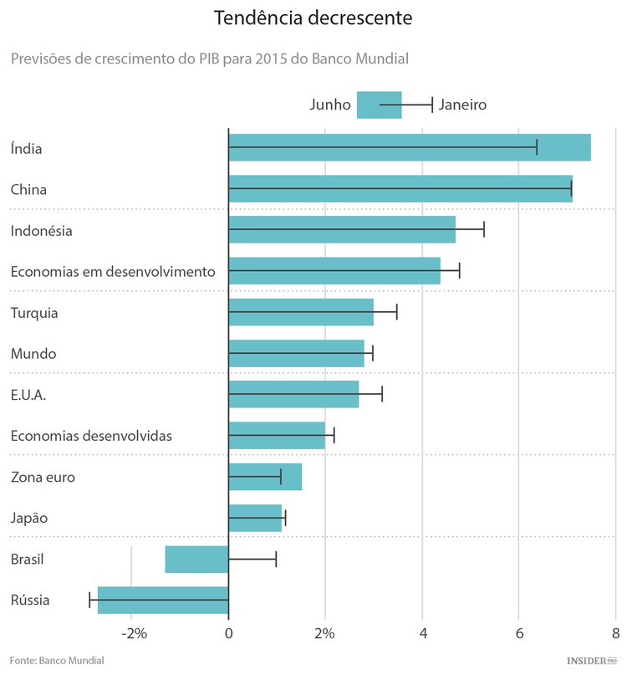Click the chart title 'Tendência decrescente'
pyautogui.click(x=313, y=18)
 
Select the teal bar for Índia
pyautogui.click(x=410, y=148)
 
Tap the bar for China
pyautogui.click(x=400, y=189)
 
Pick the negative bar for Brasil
pyautogui.click(x=196, y=560)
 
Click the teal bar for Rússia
pyautogui.click(x=163, y=601)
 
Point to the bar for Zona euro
pyautogui.click(x=265, y=477)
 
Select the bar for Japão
pyautogui.click(x=255, y=518)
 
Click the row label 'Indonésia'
pyautogui.click(x=41, y=231)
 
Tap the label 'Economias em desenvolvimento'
pyautogui.click(x=113, y=272)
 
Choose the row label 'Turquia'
pyautogui.click(x=34, y=313)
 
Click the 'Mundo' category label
pyautogui.click(x=33, y=354)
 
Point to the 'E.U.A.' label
pyautogui.click(x=28, y=395)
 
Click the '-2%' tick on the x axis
pyautogui.click(x=134, y=633)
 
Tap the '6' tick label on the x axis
pyautogui.click(x=518, y=633)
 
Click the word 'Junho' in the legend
pyautogui.click(x=330, y=105)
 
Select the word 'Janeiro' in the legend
pyautogui.click(x=462, y=105)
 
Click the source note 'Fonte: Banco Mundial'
pyautogui.click(x=58, y=661)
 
